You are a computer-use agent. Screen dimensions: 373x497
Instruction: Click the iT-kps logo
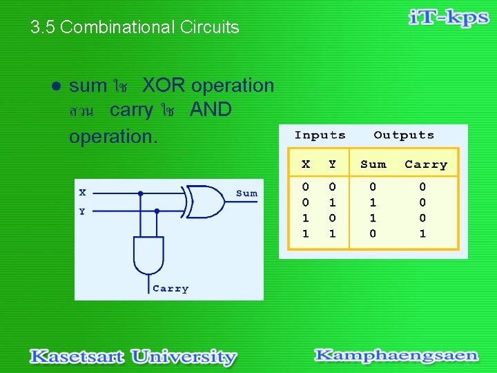(x=448, y=19)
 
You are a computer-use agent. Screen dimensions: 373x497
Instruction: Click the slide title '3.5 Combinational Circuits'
(x=135, y=28)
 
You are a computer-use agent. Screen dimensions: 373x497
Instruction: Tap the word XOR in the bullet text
(x=164, y=86)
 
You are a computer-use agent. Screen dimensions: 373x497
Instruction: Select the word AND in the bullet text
(x=211, y=110)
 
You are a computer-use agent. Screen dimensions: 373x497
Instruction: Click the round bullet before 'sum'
(x=57, y=86)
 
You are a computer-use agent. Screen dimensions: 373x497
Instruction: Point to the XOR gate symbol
(x=205, y=201)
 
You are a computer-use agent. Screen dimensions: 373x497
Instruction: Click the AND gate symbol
(x=148, y=255)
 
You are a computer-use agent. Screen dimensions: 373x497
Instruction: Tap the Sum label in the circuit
(x=246, y=194)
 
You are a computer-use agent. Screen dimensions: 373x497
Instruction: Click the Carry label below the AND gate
(x=170, y=289)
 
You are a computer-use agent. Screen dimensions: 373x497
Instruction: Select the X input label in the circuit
(x=82, y=193)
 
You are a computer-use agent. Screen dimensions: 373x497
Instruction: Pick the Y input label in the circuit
(x=82, y=211)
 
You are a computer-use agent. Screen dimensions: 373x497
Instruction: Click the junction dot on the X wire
(x=141, y=193)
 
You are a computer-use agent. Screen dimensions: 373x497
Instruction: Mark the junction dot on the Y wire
(x=157, y=210)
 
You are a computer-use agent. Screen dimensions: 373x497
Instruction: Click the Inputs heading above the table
(x=320, y=135)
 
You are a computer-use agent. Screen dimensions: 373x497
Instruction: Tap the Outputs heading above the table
(x=404, y=135)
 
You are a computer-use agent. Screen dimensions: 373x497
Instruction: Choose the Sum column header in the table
(x=373, y=164)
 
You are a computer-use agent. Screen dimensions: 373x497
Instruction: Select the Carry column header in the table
(x=426, y=164)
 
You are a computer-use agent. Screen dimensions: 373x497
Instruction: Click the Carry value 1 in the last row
(x=422, y=234)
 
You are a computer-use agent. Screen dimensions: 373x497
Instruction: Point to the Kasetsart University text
(x=133, y=356)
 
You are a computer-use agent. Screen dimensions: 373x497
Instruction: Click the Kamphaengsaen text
(x=396, y=356)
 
